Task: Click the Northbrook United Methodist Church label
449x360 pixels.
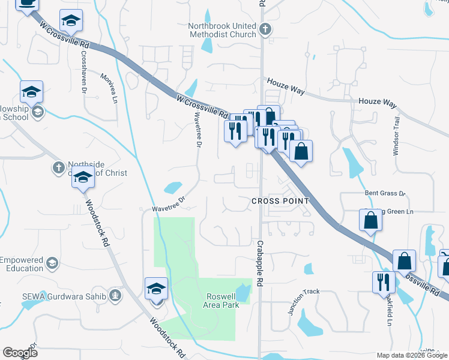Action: (222, 31)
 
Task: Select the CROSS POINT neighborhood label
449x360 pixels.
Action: (280, 201)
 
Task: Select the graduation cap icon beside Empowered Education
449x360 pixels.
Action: (53, 263)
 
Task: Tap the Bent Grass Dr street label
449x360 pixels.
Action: (385, 194)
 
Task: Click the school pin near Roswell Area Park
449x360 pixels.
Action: (156, 289)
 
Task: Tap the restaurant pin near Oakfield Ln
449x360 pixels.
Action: (384, 282)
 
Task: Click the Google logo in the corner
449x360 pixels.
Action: (20, 353)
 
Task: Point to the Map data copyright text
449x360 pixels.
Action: (411, 355)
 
